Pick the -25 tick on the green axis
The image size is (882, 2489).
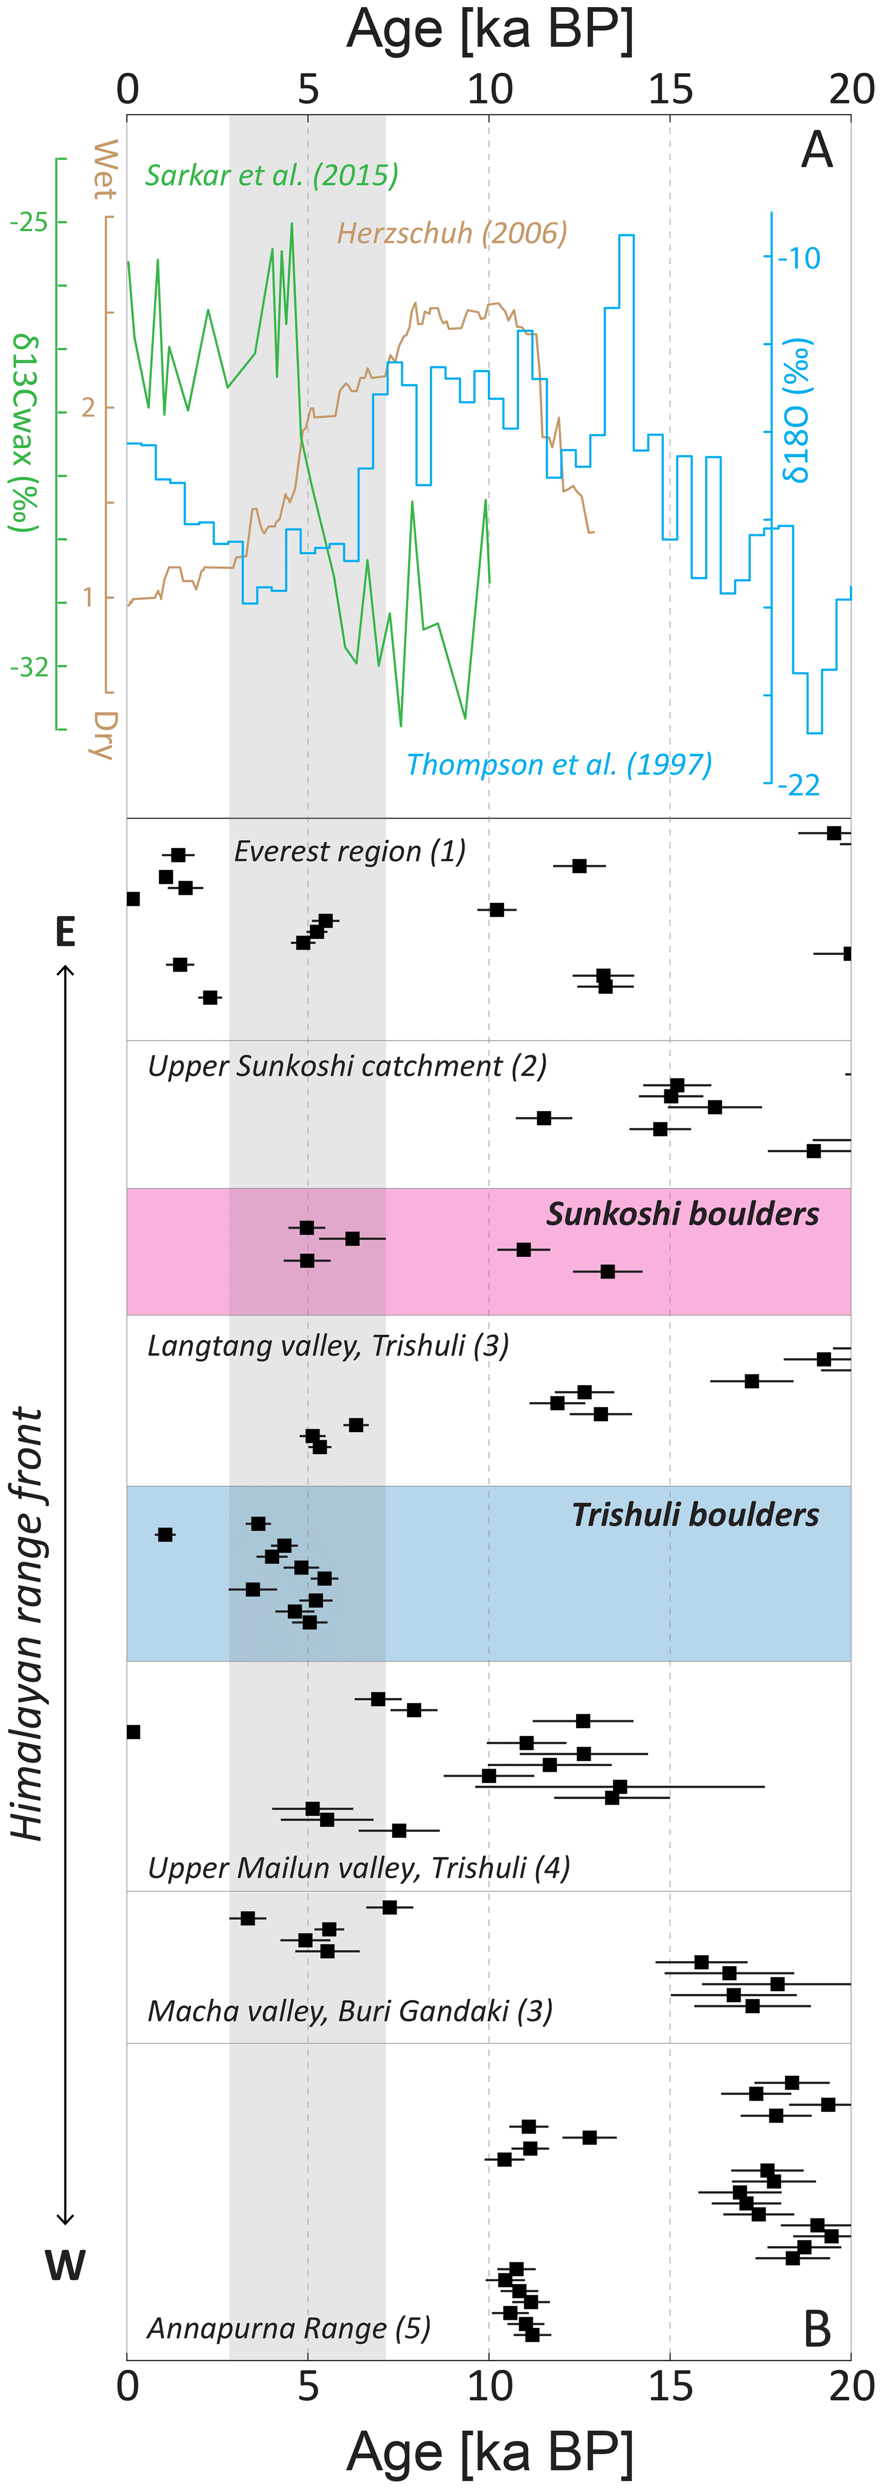pyautogui.click(x=29, y=222)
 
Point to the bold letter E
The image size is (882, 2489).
pyautogui.click(x=65, y=933)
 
